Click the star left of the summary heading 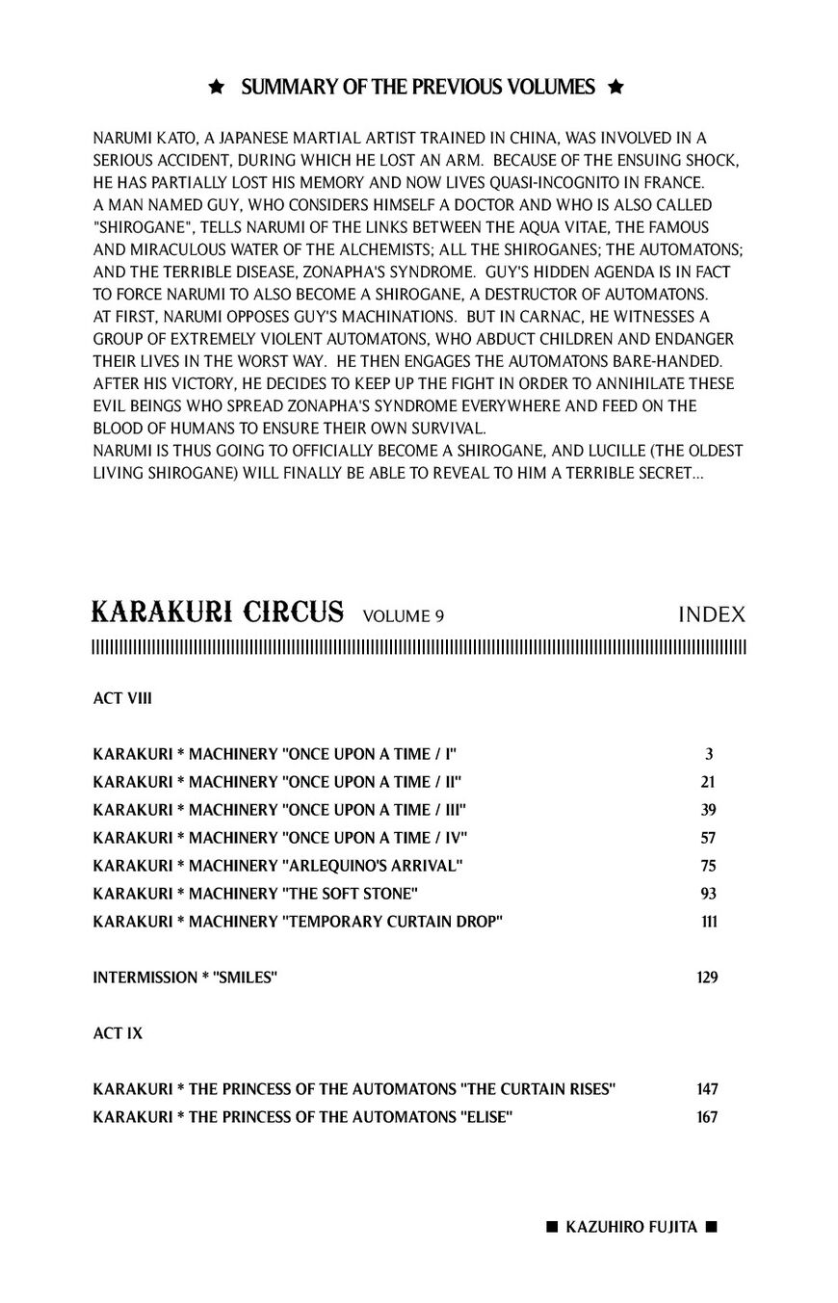click(x=217, y=88)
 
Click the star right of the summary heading click(x=616, y=88)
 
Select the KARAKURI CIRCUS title click(x=218, y=612)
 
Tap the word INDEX click(x=712, y=614)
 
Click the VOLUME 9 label click(x=404, y=616)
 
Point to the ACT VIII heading click(x=122, y=698)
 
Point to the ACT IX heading click(x=118, y=1032)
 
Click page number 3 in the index click(x=709, y=754)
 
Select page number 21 click(x=708, y=782)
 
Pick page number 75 click(x=708, y=866)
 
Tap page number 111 click(x=708, y=922)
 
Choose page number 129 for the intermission click(x=707, y=977)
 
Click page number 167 click(x=707, y=1117)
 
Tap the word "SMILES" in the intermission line click(x=245, y=977)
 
